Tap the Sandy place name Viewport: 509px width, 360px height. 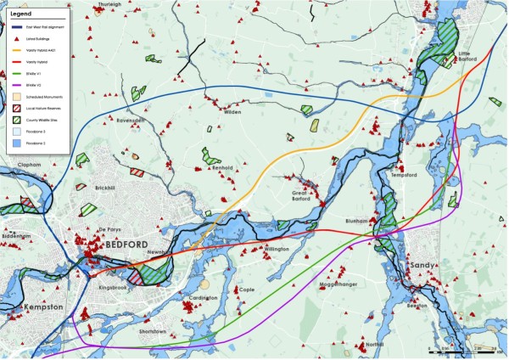pos(422,265)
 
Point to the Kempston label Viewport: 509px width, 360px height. pos(42,302)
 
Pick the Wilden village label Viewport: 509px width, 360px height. pos(233,112)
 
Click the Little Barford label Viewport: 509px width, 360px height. pos(468,56)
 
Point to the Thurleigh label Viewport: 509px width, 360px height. pos(109,4)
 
